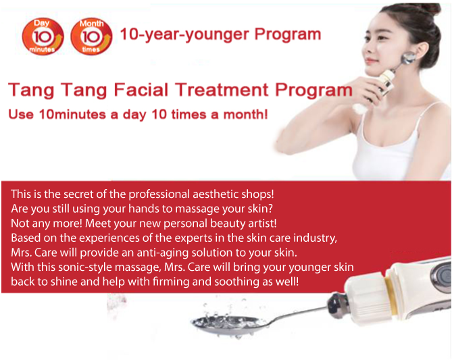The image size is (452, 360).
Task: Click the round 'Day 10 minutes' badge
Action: coord(43,36)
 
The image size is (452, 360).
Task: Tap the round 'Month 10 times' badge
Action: coord(91,36)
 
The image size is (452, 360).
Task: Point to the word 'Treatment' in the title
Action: coord(222,89)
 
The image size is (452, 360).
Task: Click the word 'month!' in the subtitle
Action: coord(246,114)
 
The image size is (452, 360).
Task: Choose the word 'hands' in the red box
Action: coord(143,209)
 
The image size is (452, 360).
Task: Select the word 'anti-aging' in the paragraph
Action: coord(163,253)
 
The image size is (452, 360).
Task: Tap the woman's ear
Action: coord(419,53)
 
